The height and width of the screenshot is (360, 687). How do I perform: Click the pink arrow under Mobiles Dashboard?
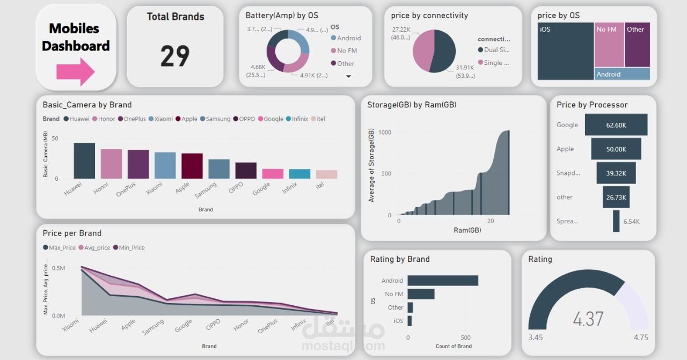(75, 71)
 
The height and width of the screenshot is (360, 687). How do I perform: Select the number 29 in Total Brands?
(175, 56)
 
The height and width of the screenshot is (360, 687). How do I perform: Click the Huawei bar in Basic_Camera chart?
(84, 160)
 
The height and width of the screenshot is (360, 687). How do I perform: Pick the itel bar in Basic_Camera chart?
(326, 174)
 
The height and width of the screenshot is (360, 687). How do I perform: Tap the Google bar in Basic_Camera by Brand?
(273, 174)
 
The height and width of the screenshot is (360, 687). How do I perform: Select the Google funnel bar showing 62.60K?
(616, 124)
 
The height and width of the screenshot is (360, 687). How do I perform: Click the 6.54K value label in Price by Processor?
(631, 222)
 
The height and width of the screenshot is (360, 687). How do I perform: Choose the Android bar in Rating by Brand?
(442, 281)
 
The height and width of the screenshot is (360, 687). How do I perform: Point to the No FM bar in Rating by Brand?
(421, 294)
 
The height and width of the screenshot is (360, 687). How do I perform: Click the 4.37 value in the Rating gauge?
(588, 319)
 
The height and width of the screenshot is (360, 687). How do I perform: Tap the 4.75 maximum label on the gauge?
(640, 337)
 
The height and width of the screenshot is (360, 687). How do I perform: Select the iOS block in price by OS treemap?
(565, 51)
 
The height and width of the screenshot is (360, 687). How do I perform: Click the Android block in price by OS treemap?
(622, 74)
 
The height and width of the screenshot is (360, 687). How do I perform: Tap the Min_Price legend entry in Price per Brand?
(128, 248)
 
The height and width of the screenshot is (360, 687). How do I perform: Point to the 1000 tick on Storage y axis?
(385, 132)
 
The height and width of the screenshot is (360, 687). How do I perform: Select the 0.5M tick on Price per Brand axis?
(58, 268)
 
